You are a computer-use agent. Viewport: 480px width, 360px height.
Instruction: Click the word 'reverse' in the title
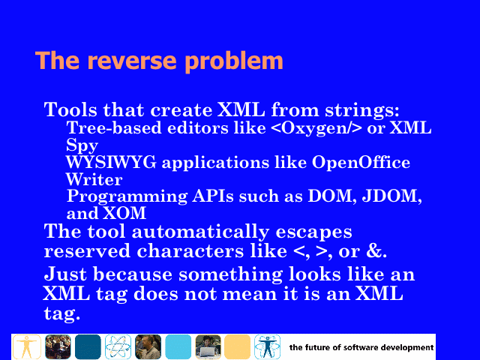[x=132, y=61]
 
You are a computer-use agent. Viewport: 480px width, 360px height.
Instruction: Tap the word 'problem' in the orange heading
[x=234, y=61]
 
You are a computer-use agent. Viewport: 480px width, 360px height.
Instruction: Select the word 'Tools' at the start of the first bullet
[x=70, y=109]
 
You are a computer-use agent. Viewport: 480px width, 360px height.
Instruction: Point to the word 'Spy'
[x=82, y=145]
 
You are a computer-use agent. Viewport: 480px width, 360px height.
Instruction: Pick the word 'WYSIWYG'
[x=111, y=162]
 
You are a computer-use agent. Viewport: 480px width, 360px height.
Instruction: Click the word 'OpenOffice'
[x=361, y=162]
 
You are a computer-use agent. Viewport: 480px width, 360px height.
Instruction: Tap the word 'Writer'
[x=94, y=179]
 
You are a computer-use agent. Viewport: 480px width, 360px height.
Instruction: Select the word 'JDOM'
[x=391, y=196]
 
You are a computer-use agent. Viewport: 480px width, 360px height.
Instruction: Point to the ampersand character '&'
[x=374, y=250]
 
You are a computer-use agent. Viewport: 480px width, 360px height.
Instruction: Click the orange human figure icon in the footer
[x=27, y=346]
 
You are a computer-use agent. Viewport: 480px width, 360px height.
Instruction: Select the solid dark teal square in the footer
[x=88, y=346]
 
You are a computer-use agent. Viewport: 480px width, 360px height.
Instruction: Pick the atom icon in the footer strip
[x=118, y=346]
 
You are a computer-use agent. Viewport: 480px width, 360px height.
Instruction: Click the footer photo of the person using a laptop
[x=208, y=346]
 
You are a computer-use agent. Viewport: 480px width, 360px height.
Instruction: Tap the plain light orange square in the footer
[x=237, y=346]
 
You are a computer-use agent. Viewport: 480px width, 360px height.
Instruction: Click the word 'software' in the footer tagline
[x=361, y=347]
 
